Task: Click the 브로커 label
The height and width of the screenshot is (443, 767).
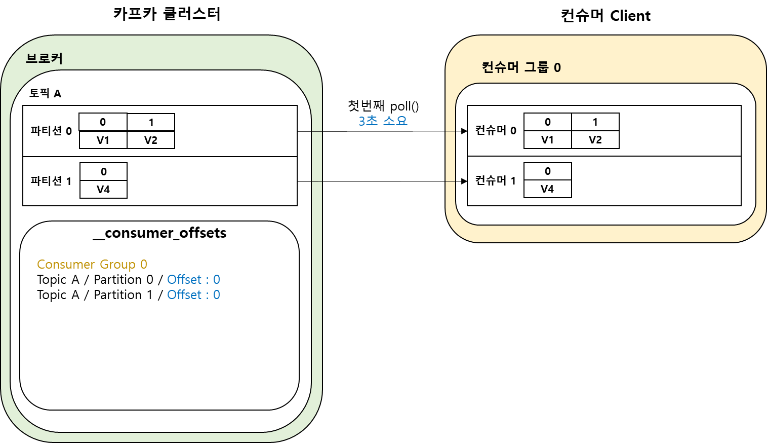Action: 45,59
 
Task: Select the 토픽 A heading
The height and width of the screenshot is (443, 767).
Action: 46,93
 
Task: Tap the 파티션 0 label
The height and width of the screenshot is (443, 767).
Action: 51,131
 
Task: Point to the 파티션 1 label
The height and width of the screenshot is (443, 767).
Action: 51,181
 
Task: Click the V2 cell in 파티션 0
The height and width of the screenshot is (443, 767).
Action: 151,140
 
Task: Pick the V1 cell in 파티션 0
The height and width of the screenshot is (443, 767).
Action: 103,140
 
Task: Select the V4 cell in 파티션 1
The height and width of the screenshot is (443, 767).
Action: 103,190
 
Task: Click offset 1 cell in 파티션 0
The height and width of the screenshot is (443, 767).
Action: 151,122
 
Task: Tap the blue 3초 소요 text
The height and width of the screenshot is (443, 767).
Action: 383,121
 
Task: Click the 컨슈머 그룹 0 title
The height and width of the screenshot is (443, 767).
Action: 521,67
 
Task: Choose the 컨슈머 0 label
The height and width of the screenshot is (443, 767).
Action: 496,130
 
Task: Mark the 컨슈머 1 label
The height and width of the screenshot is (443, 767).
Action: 496,180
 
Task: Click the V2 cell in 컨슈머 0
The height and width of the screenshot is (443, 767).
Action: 595,140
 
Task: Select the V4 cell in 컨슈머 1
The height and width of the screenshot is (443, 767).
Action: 547,189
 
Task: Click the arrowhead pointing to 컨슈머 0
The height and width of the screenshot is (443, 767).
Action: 464,131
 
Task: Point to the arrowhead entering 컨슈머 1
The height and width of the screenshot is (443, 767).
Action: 464,181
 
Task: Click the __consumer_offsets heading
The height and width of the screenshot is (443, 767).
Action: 160,233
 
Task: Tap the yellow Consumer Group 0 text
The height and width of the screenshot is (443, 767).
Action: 92,265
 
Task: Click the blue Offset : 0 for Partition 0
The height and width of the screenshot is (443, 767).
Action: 193,280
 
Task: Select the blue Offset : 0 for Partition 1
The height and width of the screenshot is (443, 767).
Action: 193,295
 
